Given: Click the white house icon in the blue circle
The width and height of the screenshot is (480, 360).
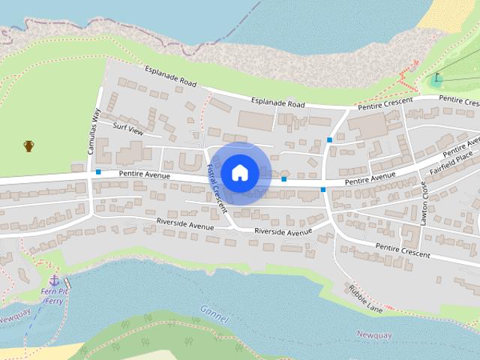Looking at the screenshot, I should (x=239, y=172).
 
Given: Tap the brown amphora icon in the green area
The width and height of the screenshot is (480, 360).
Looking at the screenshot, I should (x=28, y=145).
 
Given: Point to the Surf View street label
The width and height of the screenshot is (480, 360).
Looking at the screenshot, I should (x=127, y=127).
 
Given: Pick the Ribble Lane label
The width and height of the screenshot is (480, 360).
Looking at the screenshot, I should (x=365, y=298).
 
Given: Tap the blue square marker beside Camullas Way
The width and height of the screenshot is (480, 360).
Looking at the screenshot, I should (x=98, y=172).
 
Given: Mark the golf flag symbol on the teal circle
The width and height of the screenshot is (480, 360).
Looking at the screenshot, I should (x=436, y=77).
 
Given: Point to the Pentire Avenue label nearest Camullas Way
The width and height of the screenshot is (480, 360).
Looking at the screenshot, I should (x=144, y=175).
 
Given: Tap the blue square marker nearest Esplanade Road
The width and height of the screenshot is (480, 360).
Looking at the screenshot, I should (x=329, y=139).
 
